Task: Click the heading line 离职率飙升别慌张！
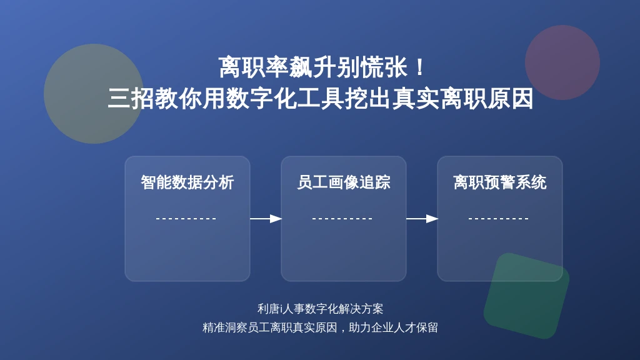(322, 67)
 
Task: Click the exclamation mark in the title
(419, 67)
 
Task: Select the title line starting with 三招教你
(321, 99)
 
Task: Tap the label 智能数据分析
(187, 182)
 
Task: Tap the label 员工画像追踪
(344, 182)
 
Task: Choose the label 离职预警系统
(499, 182)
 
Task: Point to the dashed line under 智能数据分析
(186, 219)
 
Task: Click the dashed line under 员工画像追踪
(342, 219)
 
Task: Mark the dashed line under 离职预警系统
(498, 219)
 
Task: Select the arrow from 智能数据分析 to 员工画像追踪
(266, 219)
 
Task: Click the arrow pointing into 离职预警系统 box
(422, 219)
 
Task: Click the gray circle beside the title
(94, 94)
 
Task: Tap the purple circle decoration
(562, 62)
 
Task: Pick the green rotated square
(526, 296)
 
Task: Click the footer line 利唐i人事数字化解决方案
(321, 309)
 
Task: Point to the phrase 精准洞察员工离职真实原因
(270, 327)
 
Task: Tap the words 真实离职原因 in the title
(463, 99)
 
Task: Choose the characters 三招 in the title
(131, 99)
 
